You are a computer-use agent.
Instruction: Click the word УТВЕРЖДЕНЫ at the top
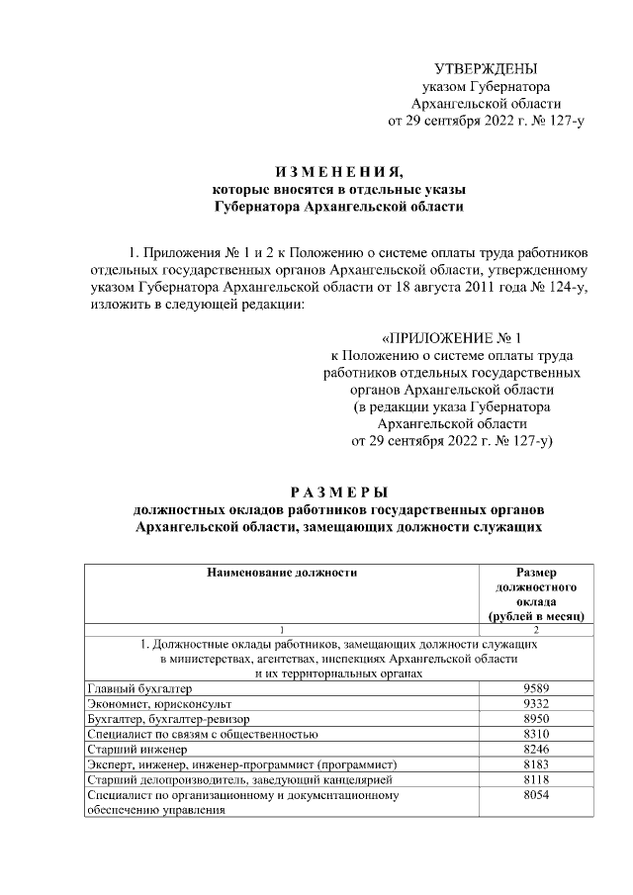(x=487, y=68)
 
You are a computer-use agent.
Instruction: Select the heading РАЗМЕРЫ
(x=338, y=492)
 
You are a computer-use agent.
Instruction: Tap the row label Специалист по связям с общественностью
(x=203, y=734)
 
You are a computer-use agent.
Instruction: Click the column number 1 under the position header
(x=282, y=630)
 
